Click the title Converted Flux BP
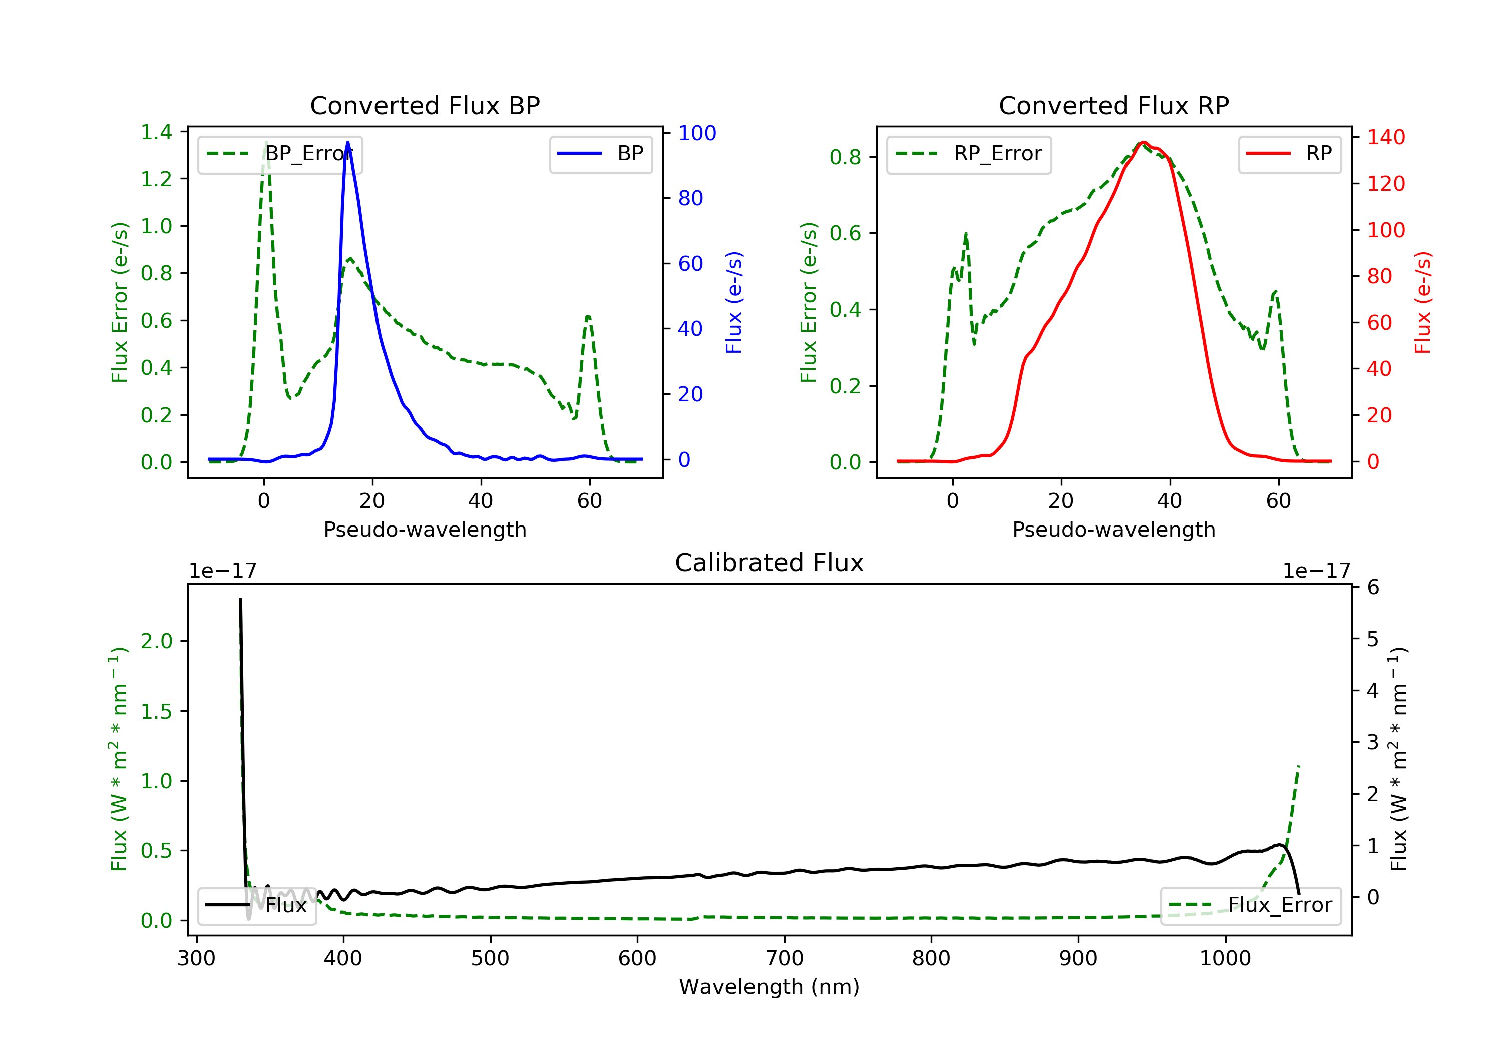pos(425,105)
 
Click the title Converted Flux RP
pos(1113,105)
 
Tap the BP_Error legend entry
pos(280,154)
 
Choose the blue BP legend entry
pos(600,154)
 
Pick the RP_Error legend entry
pos(969,154)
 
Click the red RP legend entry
pos(1289,154)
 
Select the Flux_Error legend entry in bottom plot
pos(1250,905)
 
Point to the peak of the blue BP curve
pos(347,142)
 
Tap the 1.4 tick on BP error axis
pos(156,132)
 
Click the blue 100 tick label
pos(697,133)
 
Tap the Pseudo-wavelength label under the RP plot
pos(1113,529)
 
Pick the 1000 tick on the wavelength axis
pos(1225,959)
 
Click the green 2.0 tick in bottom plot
pos(156,641)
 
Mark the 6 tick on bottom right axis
pos(1373,587)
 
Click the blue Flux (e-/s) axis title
pos(734,302)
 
